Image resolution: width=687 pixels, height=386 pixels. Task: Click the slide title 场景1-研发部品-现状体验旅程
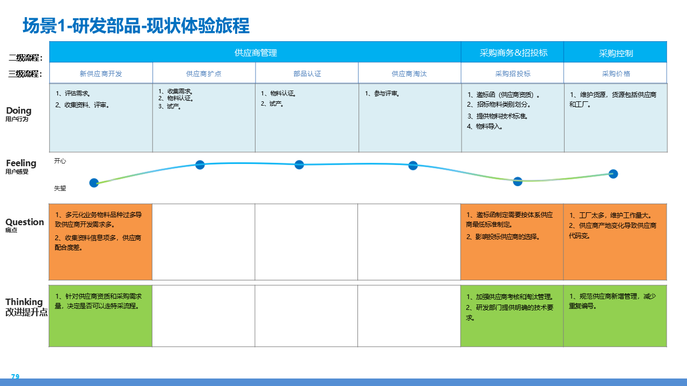pos(136,26)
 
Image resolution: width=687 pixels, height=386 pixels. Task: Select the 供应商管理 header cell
pos(255,53)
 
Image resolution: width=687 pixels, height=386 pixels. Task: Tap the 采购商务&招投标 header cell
pos(513,53)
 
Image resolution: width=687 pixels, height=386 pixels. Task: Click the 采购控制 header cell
pos(616,53)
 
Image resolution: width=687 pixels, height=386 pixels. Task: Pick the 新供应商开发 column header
pos(101,73)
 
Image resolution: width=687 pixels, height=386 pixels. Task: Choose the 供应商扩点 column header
pos(204,73)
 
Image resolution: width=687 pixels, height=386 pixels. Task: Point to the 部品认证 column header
pos(307,73)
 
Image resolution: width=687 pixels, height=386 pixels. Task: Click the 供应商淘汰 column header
pos(409,73)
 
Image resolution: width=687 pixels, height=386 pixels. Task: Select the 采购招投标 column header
pos(513,73)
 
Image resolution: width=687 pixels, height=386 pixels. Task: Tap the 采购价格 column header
pos(616,73)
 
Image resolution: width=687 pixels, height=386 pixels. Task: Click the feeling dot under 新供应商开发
pos(94,183)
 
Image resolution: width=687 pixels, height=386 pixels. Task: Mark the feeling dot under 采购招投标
pos(517,181)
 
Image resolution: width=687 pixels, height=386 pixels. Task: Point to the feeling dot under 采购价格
pos(613,174)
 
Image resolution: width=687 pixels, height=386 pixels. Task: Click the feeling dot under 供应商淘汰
pos(413,165)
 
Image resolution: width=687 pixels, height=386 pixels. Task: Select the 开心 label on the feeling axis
pos(60,161)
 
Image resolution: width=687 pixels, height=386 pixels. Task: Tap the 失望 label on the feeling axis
pos(60,188)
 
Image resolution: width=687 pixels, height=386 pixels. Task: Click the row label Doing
pos(19,111)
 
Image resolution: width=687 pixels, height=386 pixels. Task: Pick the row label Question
pos(25,222)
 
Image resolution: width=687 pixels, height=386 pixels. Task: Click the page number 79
pos(15,377)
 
